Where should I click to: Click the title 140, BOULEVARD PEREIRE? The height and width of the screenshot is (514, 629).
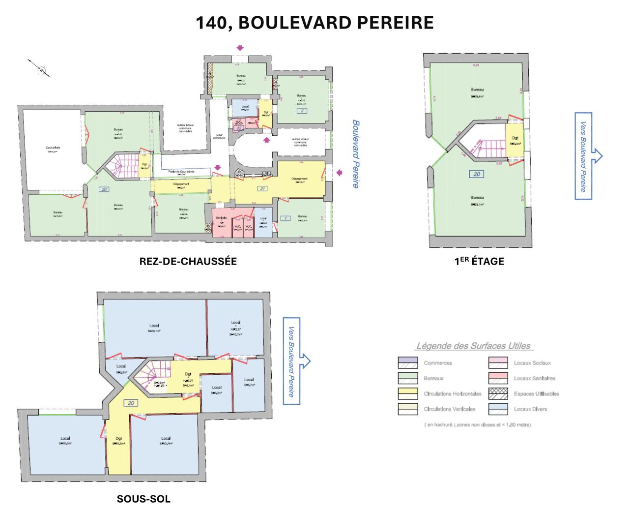coord(314,23)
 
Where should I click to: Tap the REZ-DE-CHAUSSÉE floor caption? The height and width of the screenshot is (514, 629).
coord(188,262)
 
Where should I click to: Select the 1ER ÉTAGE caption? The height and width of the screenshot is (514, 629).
coord(479,262)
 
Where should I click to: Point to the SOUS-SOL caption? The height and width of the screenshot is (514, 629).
coord(143,499)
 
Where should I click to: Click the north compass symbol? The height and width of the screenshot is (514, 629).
coord(40,67)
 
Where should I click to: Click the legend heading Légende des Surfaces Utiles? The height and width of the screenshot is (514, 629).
coord(473,346)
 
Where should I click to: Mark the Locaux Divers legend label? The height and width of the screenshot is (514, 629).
coord(530,409)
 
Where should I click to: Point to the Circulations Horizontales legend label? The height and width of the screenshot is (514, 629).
coord(452,394)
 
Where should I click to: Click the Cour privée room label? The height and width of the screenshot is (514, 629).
coord(53,148)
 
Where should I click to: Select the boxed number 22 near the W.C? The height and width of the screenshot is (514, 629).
coord(239,128)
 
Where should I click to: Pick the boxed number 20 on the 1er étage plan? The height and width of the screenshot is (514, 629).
coord(476,174)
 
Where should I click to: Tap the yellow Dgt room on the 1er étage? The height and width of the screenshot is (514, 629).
coord(515,140)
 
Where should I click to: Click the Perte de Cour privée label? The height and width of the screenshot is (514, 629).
coord(181,172)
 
